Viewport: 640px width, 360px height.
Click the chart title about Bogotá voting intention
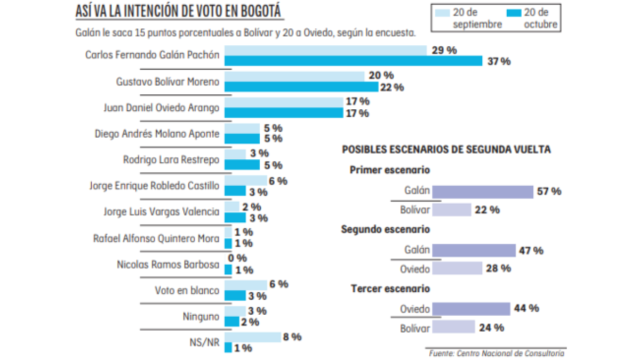[x=179, y=12]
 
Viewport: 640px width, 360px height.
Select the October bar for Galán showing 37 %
[x=353, y=61]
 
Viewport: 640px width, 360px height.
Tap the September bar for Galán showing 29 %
[x=325, y=50]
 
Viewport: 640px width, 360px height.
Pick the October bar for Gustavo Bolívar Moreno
[x=301, y=87]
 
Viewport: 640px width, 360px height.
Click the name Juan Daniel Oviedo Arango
[x=161, y=108]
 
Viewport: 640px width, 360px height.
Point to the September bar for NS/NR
[x=253, y=337]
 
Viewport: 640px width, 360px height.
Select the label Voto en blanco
[x=187, y=291]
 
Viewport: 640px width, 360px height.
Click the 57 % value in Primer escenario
[x=549, y=191]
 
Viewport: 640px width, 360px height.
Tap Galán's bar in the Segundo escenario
[x=474, y=251]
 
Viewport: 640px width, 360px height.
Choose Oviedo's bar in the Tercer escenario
[x=471, y=309]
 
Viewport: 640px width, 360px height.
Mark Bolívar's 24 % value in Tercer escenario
[x=492, y=327]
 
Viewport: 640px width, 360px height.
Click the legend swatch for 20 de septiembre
[x=443, y=12]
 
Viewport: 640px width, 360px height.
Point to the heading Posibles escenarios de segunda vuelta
[x=446, y=150]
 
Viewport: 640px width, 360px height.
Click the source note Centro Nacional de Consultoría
[x=496, y=353]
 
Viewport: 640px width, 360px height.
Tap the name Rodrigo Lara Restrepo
[x=171, y=159]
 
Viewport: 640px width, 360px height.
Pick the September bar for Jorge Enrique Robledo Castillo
[x=246, y=181]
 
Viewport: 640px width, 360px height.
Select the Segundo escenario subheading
[x=385, y=229]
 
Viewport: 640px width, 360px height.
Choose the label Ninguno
[x=201, y=317]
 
